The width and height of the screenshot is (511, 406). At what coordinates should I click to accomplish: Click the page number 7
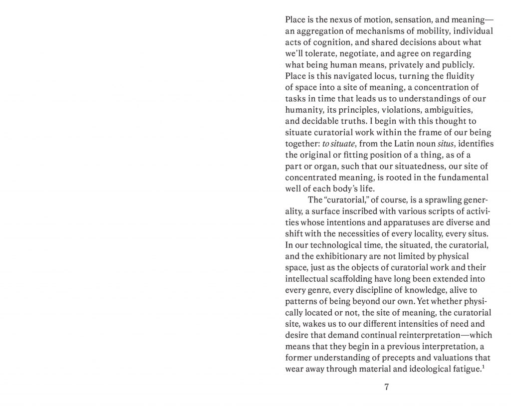click(387, 388)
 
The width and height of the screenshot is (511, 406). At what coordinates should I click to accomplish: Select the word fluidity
click(463, 76)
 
